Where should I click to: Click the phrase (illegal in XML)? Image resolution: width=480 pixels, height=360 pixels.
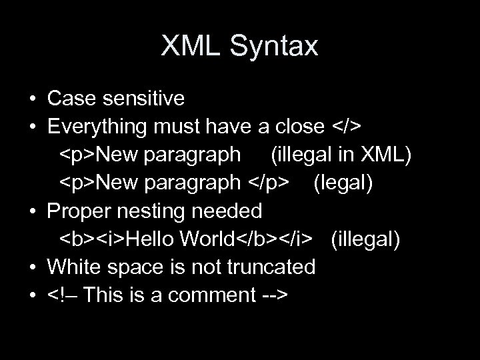point(341,155)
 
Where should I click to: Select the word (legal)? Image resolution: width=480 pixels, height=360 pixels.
point(343,183)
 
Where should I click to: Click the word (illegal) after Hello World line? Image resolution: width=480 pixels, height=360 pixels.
point(366,239)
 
